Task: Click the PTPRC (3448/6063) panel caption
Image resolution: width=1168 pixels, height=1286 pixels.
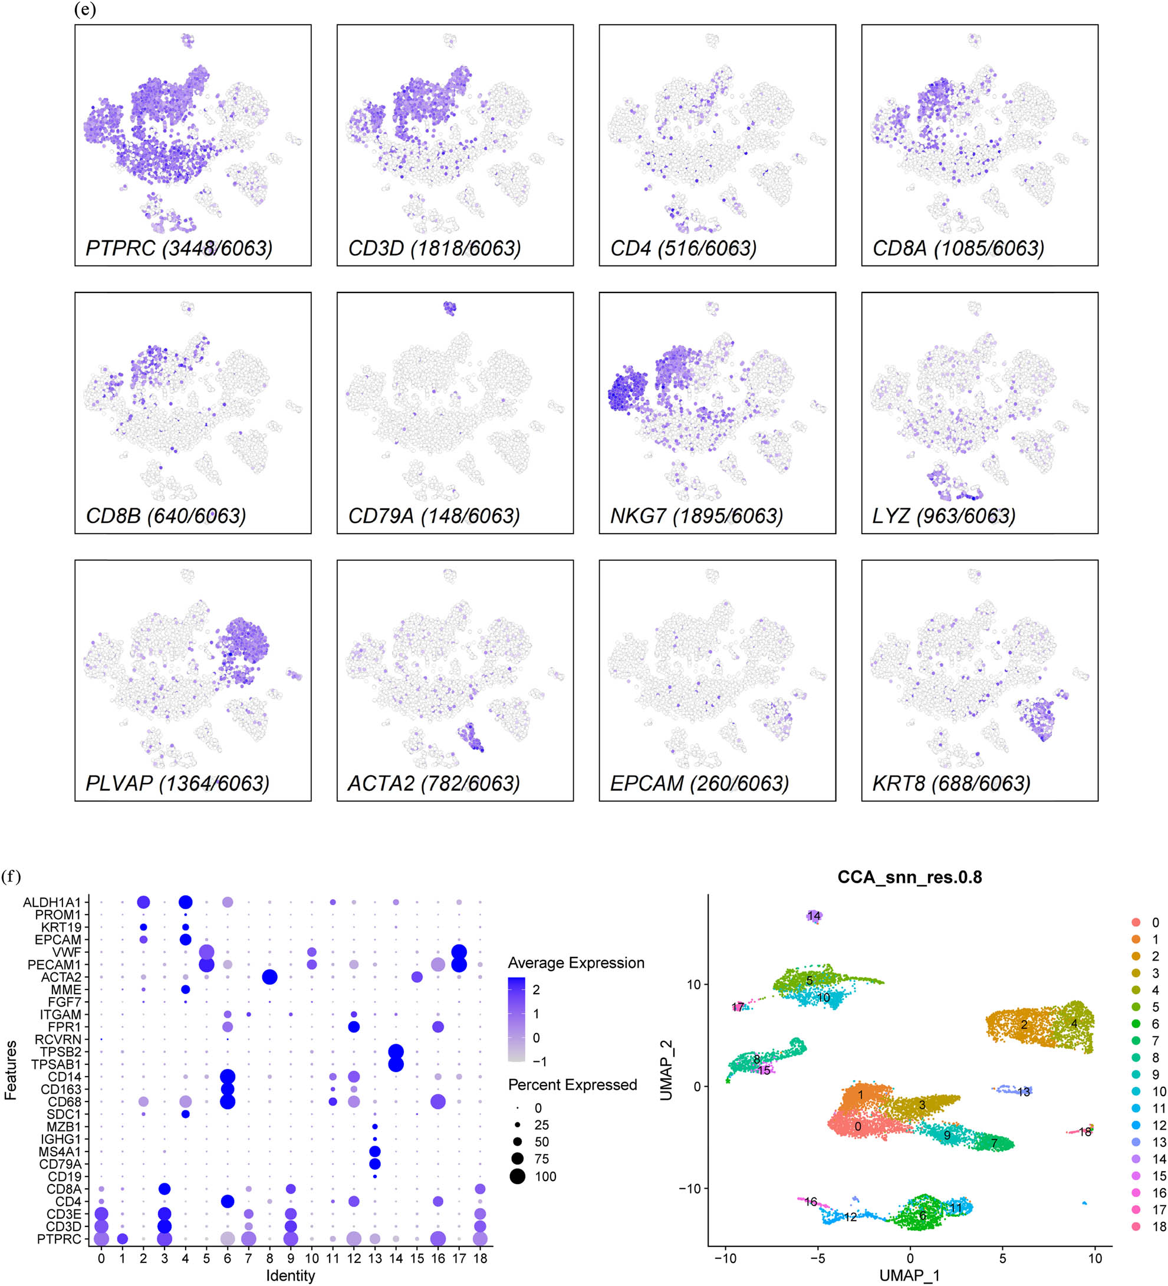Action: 179,248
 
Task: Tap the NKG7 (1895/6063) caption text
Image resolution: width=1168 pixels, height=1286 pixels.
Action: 696,515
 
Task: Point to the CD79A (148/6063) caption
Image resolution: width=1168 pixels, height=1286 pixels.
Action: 434,515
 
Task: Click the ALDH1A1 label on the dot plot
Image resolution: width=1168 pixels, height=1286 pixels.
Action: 52,902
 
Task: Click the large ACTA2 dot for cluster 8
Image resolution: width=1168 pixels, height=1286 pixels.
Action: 269,977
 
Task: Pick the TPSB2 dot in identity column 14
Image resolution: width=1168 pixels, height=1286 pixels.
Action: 396,1052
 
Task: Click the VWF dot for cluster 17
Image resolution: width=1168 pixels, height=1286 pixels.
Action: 459,952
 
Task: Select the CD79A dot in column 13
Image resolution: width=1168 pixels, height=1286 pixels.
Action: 375,1164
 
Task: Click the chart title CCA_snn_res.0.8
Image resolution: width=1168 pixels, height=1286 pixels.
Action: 909,877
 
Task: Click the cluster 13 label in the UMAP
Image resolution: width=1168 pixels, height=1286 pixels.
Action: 1023,1092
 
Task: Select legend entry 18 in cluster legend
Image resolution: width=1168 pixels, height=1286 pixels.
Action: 1159,1226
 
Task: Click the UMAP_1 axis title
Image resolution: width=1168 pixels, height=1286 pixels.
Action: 909,1275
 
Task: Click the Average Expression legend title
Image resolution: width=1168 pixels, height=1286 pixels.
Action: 575,963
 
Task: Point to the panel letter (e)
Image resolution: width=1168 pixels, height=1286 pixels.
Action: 85,9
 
